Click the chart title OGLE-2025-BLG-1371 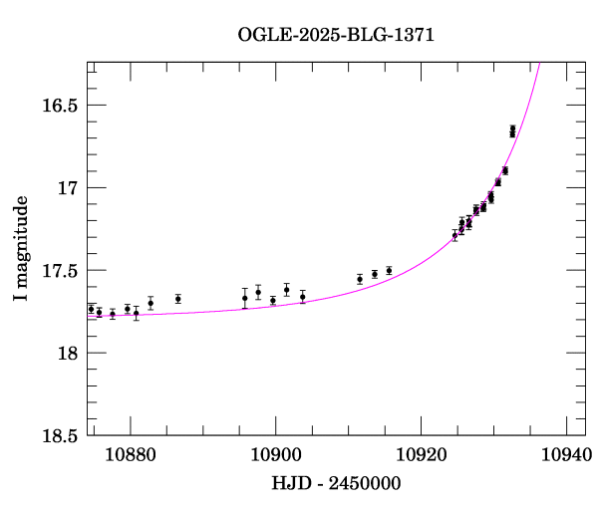point(336,35)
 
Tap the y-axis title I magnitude point(21,249)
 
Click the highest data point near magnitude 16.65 point(512,129)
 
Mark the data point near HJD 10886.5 point(177,299)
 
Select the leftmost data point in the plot point(91,309)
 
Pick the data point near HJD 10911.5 point(360,279)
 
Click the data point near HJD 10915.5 point(389,270)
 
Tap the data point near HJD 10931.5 point(505,170)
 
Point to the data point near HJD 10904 point(302,297)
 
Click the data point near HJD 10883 point(150,303)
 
